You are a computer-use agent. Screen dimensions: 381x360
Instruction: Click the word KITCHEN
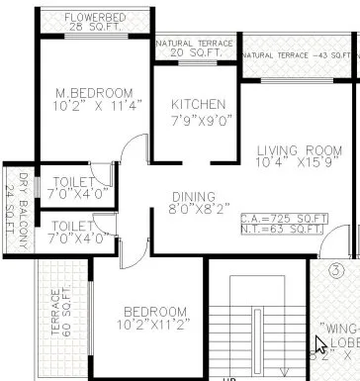(x=198, y=105)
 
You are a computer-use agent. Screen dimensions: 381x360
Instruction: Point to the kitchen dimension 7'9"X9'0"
(x=198, y=120)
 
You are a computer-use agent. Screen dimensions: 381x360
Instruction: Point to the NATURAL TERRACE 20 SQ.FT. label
(x=195, y=49)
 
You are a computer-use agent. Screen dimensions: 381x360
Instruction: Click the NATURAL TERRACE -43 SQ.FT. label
(x=299, y=55)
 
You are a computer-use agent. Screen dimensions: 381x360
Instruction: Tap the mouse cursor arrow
(x=320, y=346)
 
